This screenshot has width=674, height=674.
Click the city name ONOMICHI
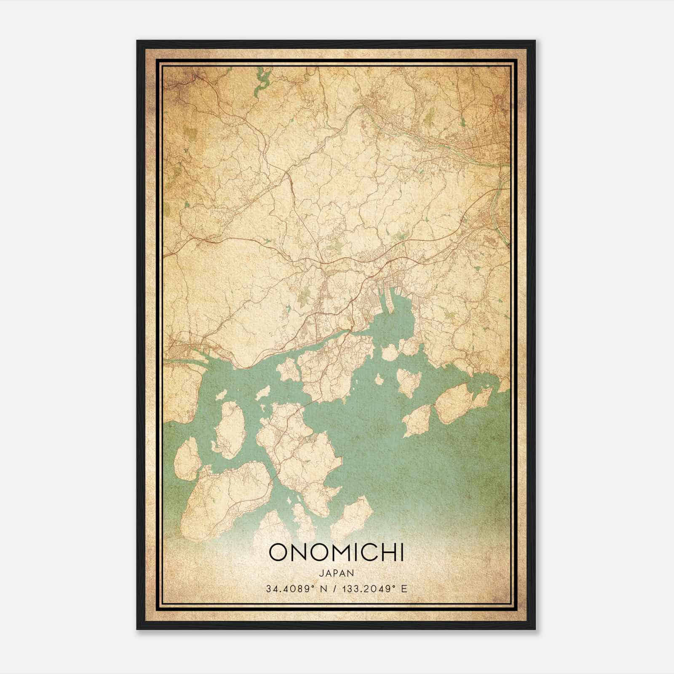coord(336,553)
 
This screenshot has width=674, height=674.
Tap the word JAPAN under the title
coord(337,573)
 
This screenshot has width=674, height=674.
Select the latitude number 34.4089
coord(285,589)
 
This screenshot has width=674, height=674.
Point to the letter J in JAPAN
coord(321,573)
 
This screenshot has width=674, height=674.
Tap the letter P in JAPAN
coord(337,573)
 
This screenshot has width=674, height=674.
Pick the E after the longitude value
coord(405,589)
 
